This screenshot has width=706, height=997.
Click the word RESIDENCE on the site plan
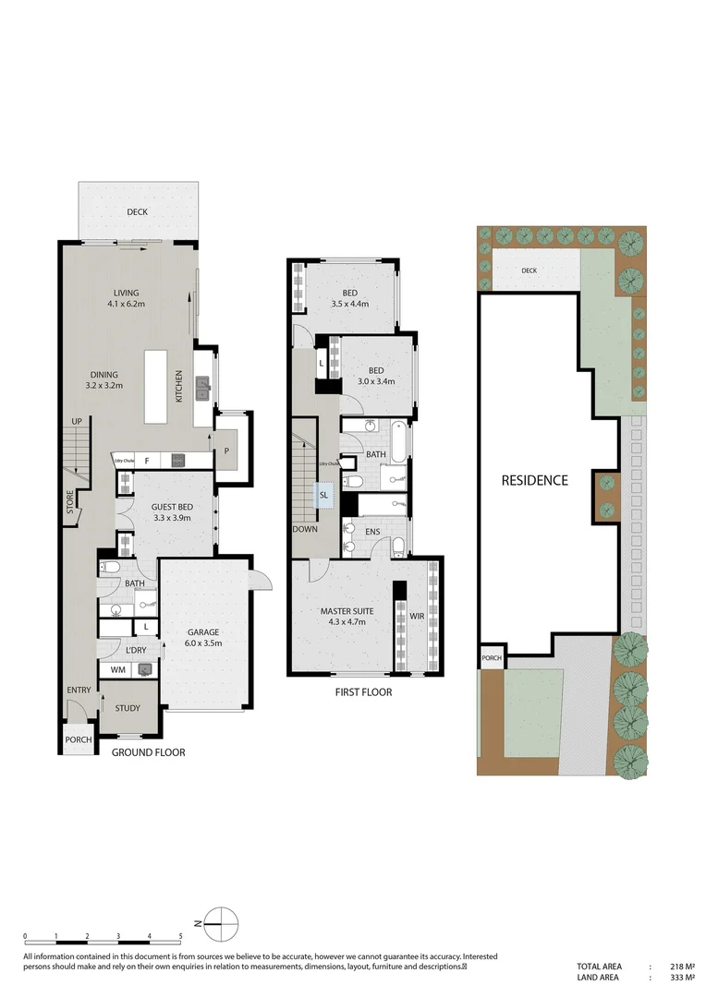coord(534,480)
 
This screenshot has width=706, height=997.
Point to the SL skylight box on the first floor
coord(323,495)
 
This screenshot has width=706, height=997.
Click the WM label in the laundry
coord(117,669)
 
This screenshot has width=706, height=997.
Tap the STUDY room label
coord(128,709)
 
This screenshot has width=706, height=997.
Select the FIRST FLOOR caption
coord(363,691)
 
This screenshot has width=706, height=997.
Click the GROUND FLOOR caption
coord(148,752)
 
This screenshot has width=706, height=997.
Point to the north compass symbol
coord(221,921)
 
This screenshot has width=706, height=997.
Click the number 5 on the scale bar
coord(181,936)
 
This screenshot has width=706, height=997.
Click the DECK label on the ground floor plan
coord(137,212)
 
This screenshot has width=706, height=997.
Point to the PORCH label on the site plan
coord(491,658)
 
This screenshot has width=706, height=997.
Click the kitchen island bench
coord(155,386)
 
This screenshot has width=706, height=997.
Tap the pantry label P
coord(227,451)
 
